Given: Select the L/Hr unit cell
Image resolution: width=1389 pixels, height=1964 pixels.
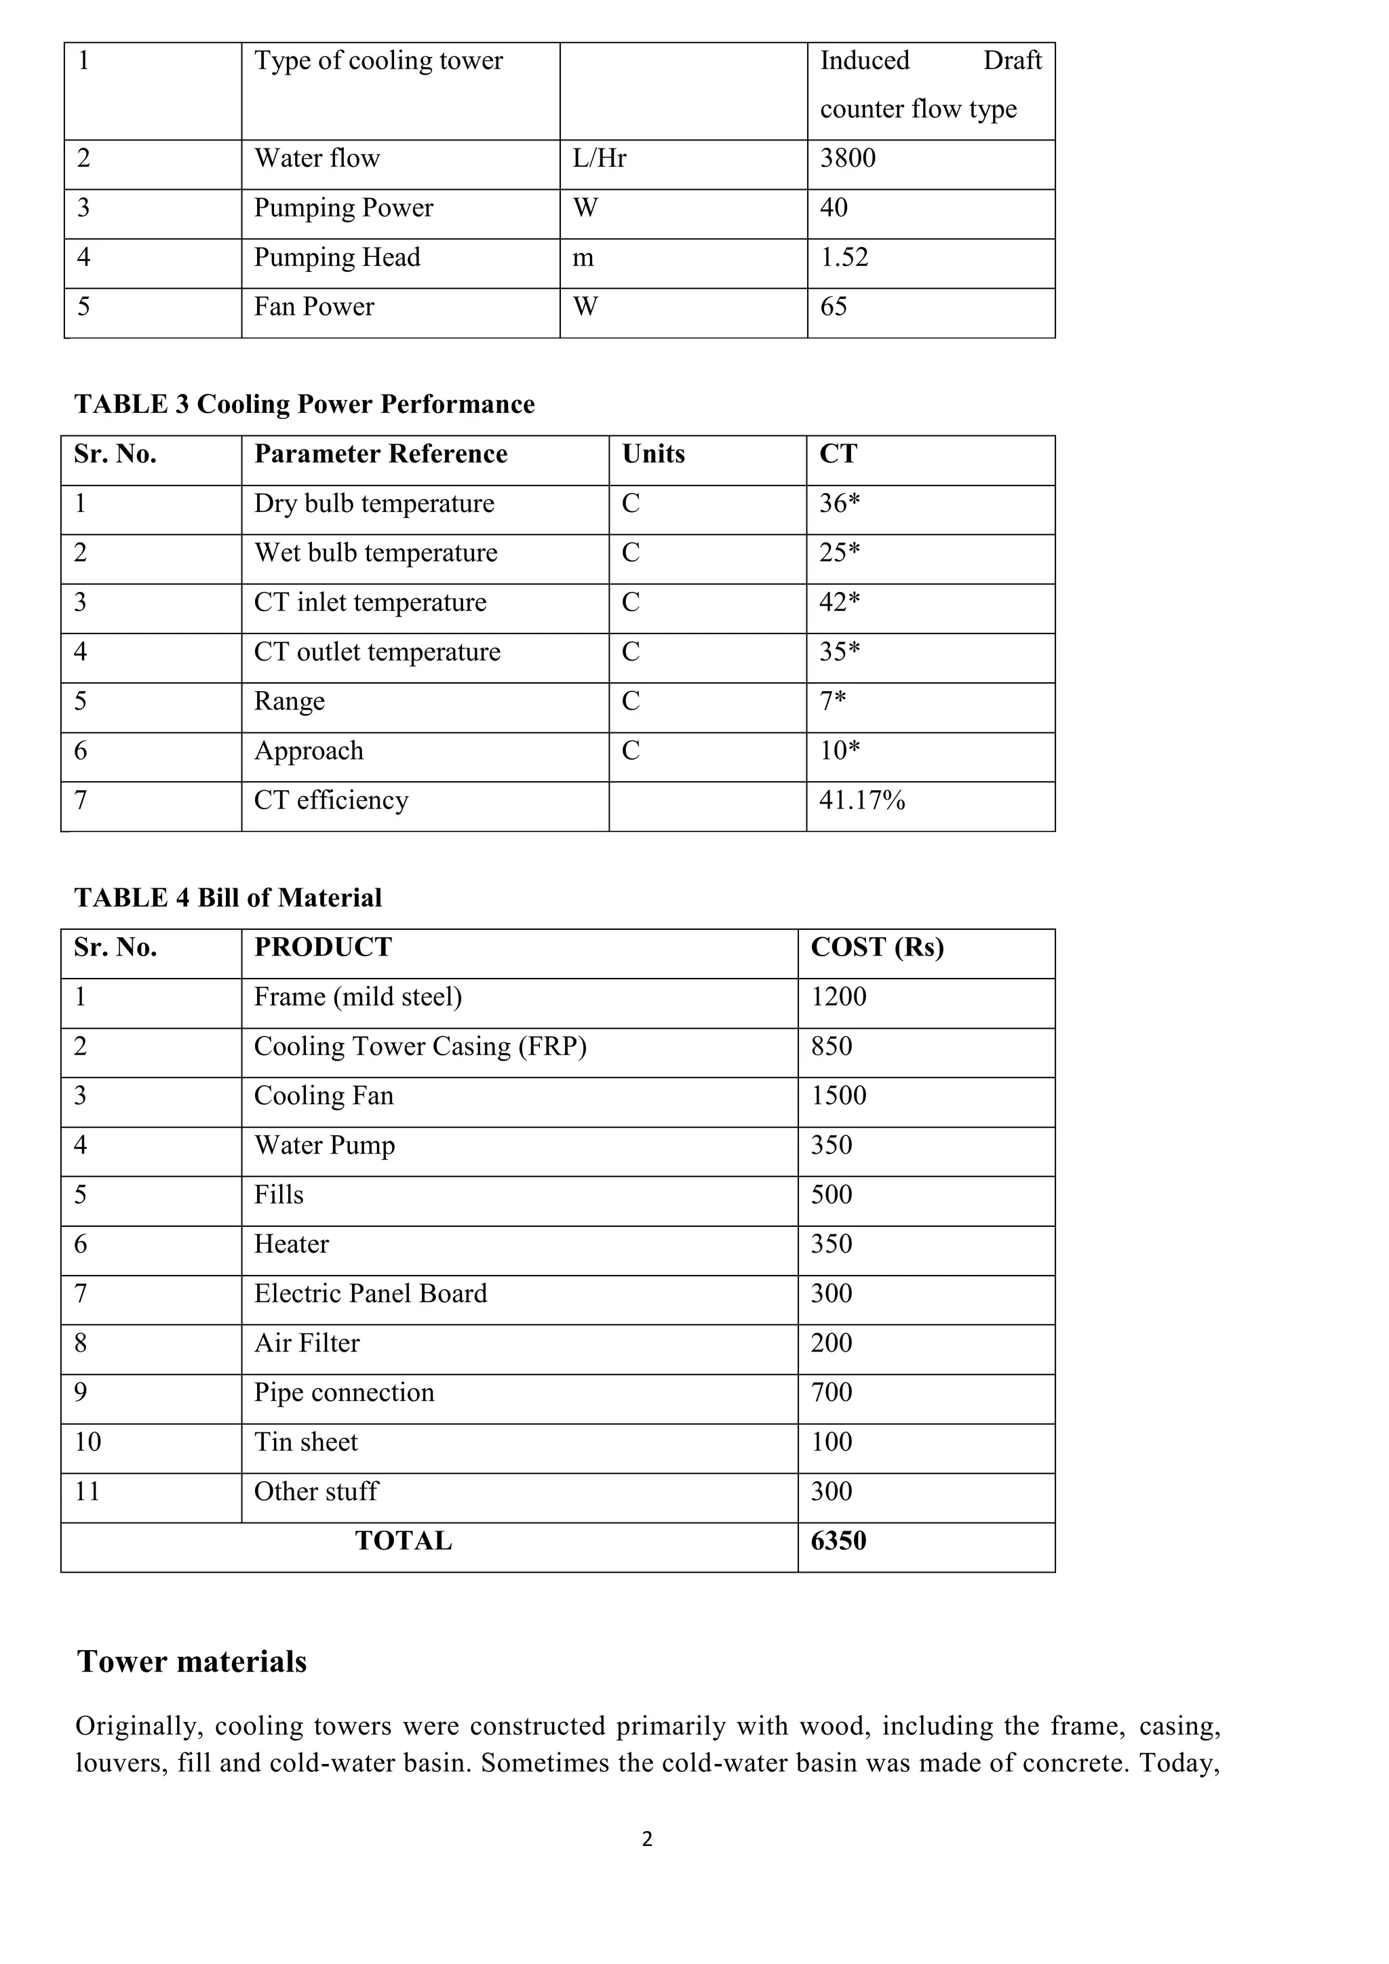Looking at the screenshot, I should [599, 158].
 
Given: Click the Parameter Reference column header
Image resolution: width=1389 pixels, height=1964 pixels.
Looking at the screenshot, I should [380, 454].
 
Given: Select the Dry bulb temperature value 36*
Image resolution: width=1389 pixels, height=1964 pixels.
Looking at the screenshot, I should [839, 504].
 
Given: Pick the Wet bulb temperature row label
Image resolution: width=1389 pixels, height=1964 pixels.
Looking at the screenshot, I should [376, 553].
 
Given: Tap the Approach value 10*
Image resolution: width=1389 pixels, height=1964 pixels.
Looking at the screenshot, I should [839, 751].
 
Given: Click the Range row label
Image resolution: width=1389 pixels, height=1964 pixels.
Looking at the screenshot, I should [289, 701].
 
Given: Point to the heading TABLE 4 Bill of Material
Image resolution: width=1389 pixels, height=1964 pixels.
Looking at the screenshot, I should [227, 898].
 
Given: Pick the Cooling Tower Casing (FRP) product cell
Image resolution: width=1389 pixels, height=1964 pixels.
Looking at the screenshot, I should [420, 1047].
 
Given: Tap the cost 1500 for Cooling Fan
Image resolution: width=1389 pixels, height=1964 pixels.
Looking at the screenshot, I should [838, 1096].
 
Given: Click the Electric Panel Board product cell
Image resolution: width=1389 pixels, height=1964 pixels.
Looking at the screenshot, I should [370, 1294].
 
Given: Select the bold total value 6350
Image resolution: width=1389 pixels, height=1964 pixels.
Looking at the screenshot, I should [838, 1541].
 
